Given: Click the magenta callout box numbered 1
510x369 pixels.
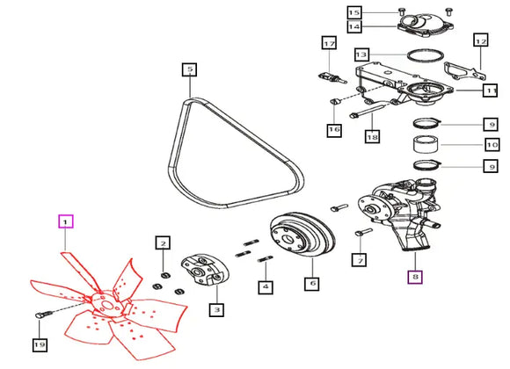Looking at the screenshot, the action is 66,221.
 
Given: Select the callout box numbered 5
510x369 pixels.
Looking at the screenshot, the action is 189,69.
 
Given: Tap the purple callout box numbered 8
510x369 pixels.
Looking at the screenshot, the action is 415,277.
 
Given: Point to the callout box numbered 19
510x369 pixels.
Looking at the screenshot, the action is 40,344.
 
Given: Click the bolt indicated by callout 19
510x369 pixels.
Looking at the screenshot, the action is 43,315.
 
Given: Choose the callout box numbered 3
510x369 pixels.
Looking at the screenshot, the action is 216,309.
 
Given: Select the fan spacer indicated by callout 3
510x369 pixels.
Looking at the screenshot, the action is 205,271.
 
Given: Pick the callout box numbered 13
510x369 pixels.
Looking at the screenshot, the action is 361,54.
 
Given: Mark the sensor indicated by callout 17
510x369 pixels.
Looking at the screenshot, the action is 331,78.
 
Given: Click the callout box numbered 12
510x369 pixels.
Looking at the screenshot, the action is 481,41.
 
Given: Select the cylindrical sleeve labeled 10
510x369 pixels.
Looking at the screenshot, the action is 426,143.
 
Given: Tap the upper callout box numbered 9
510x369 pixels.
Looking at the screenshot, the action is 491,125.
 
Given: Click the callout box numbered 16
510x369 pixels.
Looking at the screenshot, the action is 334,130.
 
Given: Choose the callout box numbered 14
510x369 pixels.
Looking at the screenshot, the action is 354,26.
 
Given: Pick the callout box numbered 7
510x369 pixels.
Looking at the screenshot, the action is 360,260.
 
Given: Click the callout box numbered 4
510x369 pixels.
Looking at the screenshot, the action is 266,287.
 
